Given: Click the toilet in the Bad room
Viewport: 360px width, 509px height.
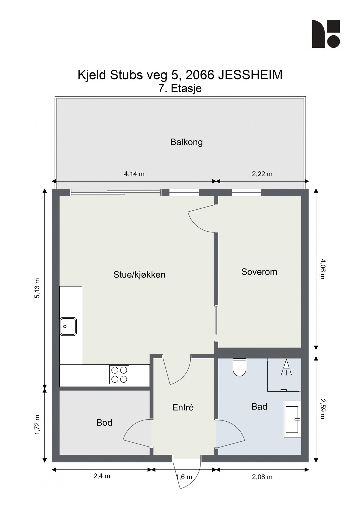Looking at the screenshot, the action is (239, 367).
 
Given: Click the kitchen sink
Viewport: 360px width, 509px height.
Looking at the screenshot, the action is (68, 326).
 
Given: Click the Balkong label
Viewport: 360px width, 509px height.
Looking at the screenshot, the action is (186, 142).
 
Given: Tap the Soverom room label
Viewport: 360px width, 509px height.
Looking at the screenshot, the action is (259, 272).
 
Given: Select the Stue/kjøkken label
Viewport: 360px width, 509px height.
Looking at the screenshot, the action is (139, 275).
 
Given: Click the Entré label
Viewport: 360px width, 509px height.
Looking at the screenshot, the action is (183, 407).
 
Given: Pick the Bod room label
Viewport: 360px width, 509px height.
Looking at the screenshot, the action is (104, 423).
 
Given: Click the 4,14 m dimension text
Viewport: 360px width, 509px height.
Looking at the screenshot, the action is (134, 174).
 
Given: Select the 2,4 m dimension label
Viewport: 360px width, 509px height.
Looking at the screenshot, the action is (102, 476).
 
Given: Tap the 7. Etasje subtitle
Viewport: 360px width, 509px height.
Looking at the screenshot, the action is (180, 89).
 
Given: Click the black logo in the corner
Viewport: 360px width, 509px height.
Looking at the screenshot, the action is (326, 34).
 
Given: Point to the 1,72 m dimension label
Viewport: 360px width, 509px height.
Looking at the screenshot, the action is (37, 425).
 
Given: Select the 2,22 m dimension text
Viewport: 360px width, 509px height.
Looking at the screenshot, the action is (262, 174).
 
